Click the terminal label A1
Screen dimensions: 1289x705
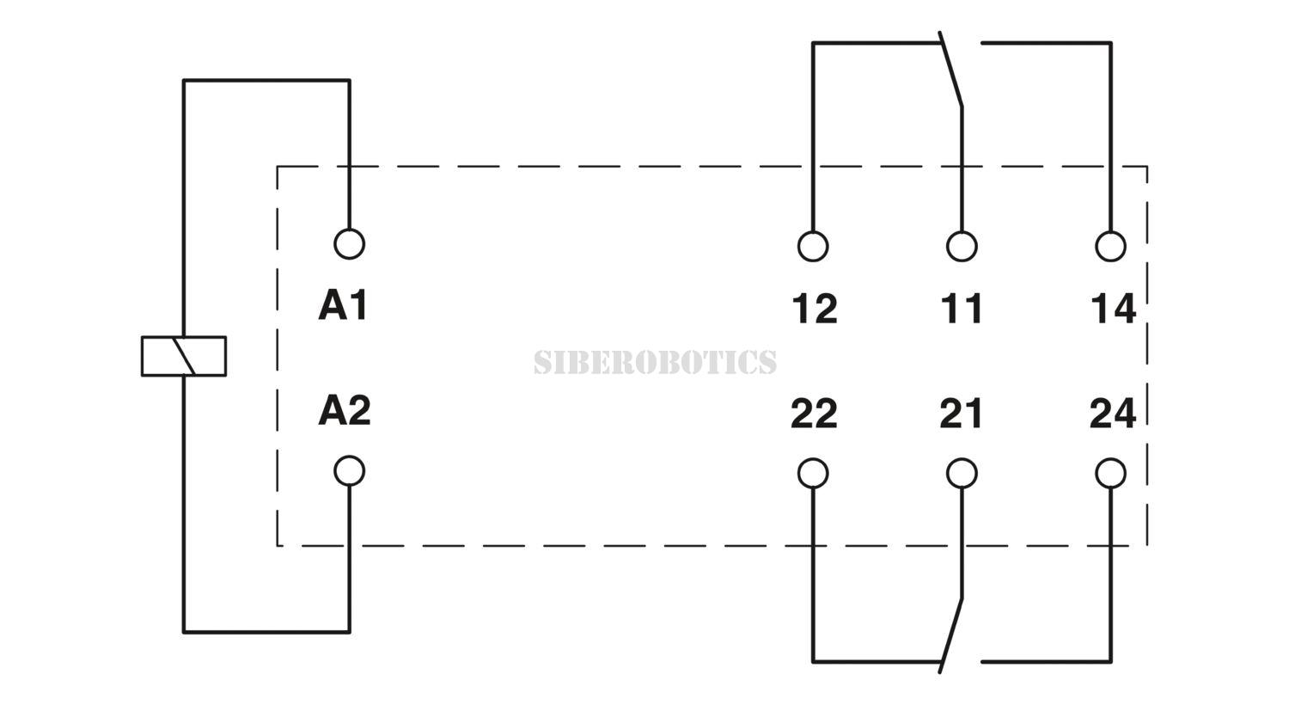pos(343,305)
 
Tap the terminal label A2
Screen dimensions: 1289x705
pos(344,410)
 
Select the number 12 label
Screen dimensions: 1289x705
pos(815,309)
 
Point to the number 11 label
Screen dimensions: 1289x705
pos(962,309)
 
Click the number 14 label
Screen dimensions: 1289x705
pos(1114,309)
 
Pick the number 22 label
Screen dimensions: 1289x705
pos(814,414)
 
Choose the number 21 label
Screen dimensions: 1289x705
pos(961,414)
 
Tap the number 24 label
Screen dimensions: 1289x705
pos(1113,414)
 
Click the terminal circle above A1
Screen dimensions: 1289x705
pos(349,244)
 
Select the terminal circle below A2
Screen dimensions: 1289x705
pos(349,471)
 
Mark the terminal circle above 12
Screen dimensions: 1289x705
pos(813,246)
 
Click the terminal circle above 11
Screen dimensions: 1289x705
pos(962,246)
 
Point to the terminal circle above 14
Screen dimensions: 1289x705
pos(1110,246)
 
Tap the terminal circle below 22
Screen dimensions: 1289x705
pos(813,474)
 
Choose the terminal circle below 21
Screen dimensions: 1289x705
pos(962,474)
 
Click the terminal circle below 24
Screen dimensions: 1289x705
pos(1110,474)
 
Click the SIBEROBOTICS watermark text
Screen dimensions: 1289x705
pos(655,361)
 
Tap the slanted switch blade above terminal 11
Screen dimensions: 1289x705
pos(950,69)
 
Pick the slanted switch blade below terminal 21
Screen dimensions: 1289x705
pos(950,635)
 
